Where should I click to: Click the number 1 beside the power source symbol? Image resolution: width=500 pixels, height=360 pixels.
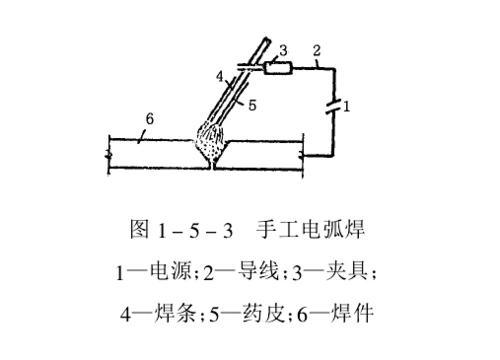coord(347,105)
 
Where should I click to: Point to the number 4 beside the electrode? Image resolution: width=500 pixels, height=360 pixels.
coord(219,76)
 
